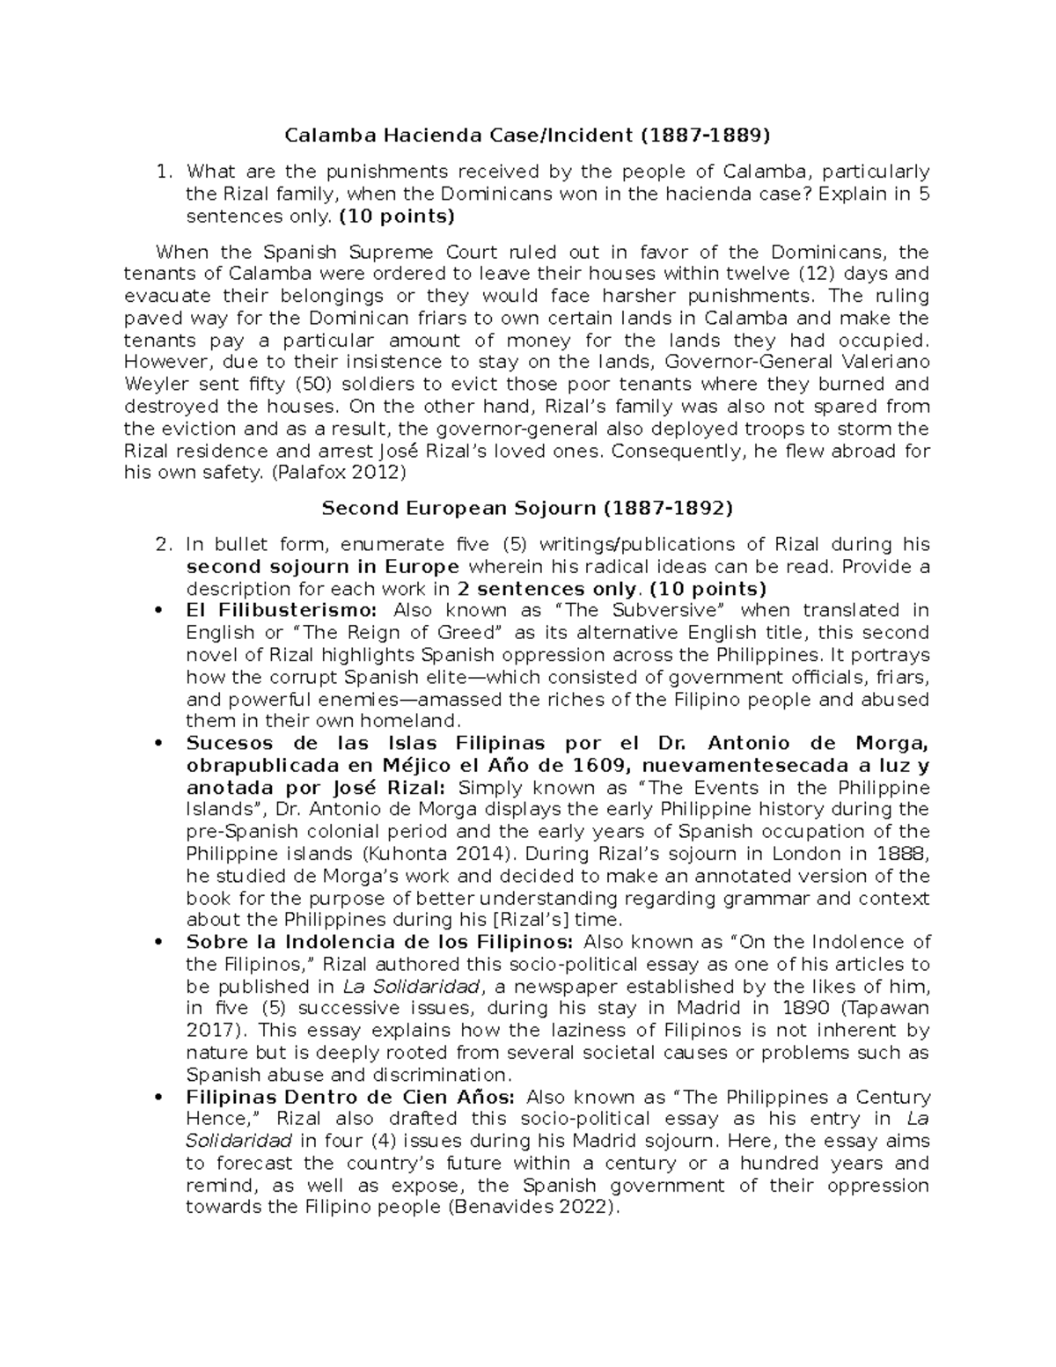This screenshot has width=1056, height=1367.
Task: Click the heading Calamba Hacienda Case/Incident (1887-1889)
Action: tap(526, 136)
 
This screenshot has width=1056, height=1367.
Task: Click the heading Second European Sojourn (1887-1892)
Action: tap(527, 509)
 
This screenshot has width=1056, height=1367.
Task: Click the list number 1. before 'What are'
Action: tap(161, 171)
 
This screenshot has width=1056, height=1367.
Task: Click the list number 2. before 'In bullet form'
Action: tap(161, 545)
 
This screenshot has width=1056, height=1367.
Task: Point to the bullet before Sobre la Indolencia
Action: tap(158, 943)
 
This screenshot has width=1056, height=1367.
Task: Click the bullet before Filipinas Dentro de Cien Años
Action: tap(158, 1098)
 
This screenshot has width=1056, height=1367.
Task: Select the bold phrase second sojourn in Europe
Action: tap(322, 567)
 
